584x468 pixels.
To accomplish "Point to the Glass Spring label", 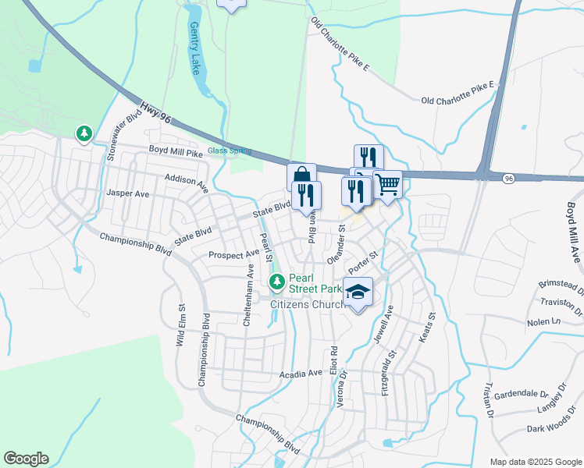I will [x=229, y=151].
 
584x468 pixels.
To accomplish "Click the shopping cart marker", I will [x=387, y=185].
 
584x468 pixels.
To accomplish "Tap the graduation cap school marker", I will [x=358, y=292].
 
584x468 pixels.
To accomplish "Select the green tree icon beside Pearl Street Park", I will [x=275, y=281].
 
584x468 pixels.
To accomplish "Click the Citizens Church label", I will [x=307, y=304].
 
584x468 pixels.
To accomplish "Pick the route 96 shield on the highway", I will [x=508, y=179].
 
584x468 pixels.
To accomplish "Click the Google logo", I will [x=26, y=459].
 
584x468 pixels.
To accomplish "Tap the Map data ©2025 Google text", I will [x=535, y=462].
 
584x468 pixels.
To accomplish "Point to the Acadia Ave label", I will [x=301, y=374].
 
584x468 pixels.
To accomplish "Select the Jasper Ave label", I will [x=128, y=193].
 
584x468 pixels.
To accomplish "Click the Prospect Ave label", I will [x=233, y=255].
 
